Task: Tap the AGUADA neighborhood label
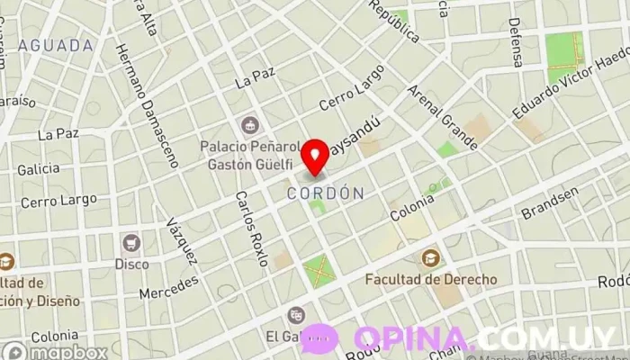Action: click(56, 45)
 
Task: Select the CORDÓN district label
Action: click(326, 193)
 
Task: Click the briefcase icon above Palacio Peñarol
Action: click(249, 123)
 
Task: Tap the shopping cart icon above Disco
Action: click(132, 242)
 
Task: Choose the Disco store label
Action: click(131, 264)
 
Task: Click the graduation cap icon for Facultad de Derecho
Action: click(430, 257)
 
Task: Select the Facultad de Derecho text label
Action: click(430, 279)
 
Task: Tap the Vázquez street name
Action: click(181, 240)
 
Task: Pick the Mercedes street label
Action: click(168, 287)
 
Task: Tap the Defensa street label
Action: click(515, 42)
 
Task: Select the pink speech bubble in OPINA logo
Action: click(321, 338)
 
